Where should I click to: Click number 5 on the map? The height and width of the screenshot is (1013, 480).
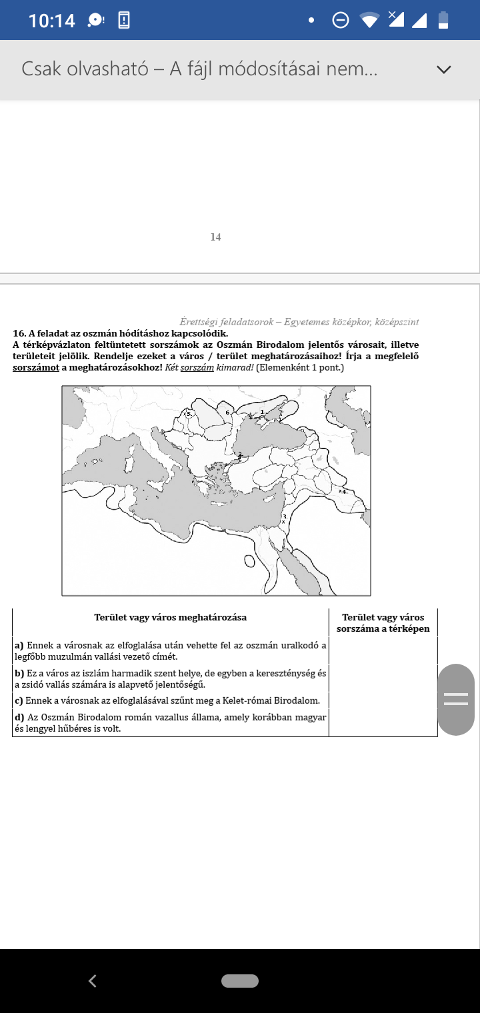189,414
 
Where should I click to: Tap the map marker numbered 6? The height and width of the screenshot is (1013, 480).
228,413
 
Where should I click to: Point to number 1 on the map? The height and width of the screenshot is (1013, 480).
262,412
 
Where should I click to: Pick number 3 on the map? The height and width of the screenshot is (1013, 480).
285,516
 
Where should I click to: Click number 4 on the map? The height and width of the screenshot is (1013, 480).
345,491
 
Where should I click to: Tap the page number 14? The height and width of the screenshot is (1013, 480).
215,237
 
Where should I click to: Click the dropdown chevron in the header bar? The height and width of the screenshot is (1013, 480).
443,69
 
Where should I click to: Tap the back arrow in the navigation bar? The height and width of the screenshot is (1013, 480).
93,980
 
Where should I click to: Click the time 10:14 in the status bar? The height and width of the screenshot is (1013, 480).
52,21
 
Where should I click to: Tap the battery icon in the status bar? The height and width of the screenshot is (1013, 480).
443,21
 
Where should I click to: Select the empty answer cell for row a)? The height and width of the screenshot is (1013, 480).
383,650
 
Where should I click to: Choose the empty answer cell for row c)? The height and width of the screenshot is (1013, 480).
383,700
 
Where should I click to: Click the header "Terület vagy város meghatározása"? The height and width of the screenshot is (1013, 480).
171,617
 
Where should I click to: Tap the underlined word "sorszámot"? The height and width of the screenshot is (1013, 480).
37,367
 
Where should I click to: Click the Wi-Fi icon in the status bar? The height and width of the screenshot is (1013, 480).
369,21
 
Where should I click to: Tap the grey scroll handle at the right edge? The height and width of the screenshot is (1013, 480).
456,699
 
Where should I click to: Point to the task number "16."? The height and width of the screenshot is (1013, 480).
19,333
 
